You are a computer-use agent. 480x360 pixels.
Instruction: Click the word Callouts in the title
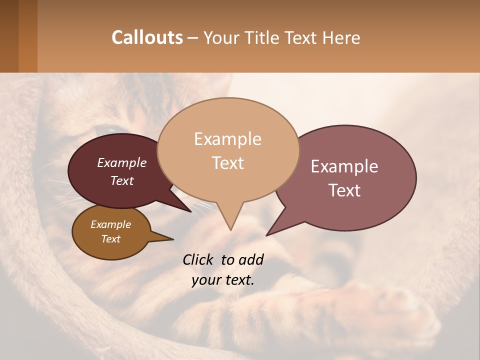[x=147, y=37]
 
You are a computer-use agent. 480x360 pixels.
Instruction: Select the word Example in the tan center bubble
[x=227, y=139]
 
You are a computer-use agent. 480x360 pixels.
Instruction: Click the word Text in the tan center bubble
[x=227, y=162]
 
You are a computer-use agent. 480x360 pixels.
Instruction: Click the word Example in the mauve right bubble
[x=344, y=166]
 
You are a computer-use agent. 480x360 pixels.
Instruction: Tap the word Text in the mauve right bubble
[x=344, y=190]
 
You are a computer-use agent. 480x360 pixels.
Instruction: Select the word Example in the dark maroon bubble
[x=121, y=162]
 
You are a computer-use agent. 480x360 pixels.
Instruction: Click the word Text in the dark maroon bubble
[x=121, y=180]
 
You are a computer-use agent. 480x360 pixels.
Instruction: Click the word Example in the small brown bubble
[x=110, y=224]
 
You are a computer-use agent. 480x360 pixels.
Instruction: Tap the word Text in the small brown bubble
[x=110, y=239]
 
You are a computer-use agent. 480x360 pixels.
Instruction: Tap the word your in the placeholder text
[x=206, y=280]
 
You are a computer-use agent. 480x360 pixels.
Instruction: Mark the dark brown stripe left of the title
[x=9, y=36]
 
